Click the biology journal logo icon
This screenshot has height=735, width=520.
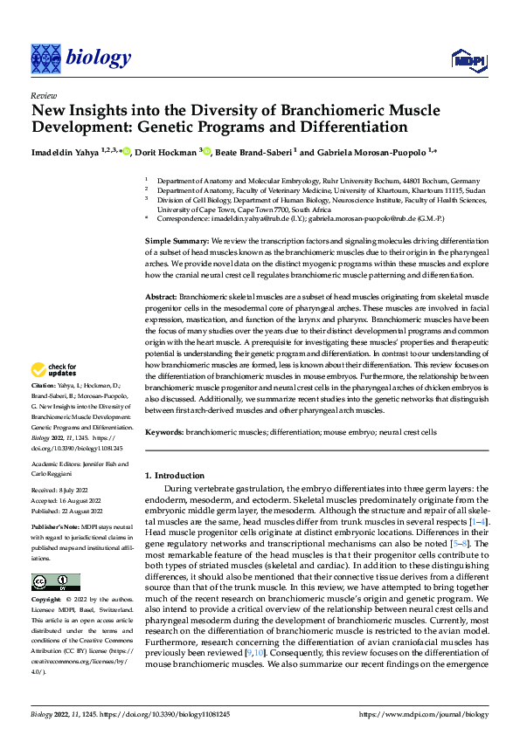point(45,58)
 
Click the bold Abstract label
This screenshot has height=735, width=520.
point(160,298)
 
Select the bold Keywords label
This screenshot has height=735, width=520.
point(163,432)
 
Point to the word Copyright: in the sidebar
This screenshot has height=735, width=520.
point(47,601)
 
